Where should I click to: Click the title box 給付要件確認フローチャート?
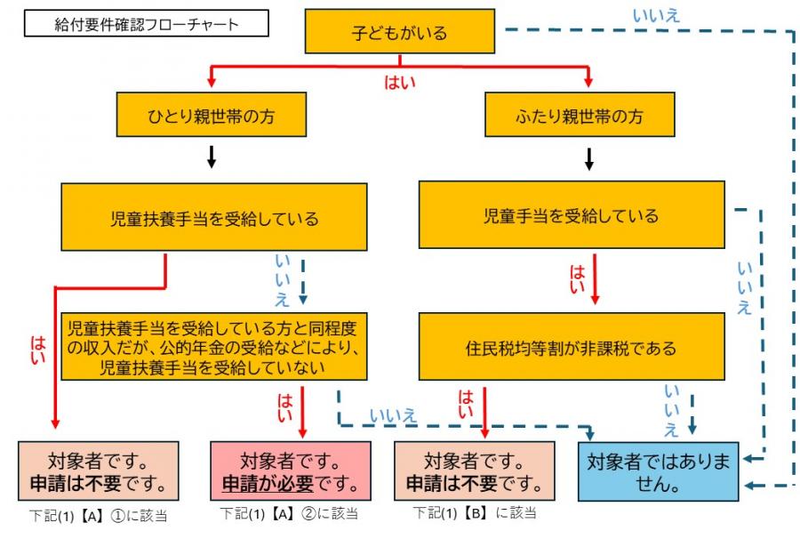point(147,24)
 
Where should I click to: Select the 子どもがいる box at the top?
point(400,34)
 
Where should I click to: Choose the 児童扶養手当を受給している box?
point(213,217)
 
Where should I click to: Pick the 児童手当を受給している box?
point(572,215)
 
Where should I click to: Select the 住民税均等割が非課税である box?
point(572,348)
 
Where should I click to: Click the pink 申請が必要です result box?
point(294,472)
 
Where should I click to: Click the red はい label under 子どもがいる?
point(399,83)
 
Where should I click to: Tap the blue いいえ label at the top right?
point(655,15)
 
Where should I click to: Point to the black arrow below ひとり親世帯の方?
point(212,158)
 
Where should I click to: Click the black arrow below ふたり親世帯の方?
point(588,159)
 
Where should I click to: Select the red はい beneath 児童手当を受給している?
point(577,278)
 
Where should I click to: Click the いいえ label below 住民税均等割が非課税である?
point(671,411)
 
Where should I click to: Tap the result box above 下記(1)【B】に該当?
point(475,472)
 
